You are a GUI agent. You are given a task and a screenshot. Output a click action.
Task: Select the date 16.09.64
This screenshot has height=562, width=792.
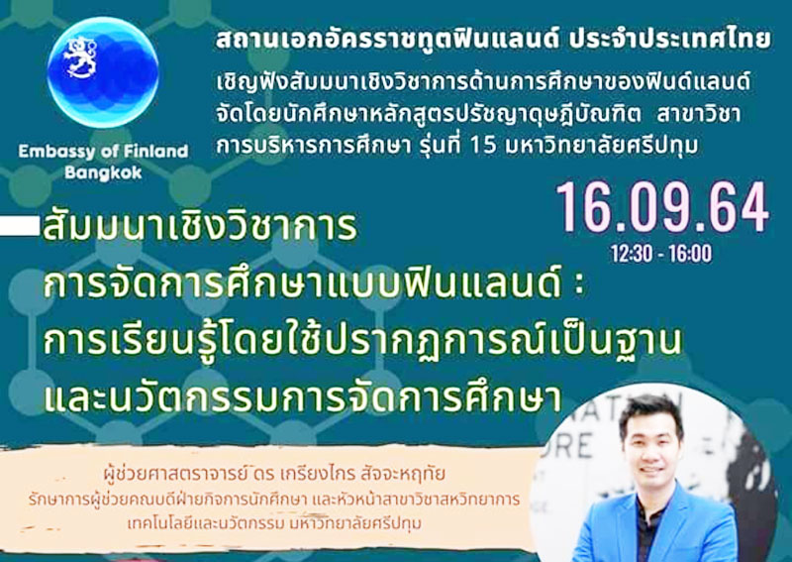661,207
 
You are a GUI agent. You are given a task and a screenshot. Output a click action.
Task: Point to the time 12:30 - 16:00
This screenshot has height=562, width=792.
660,254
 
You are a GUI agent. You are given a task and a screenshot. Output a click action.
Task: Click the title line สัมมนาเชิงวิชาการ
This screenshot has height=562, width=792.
198,230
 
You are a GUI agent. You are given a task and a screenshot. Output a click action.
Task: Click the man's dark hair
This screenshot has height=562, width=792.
650,405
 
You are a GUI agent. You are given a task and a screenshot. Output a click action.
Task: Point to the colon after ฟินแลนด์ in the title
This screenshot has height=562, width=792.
580,286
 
